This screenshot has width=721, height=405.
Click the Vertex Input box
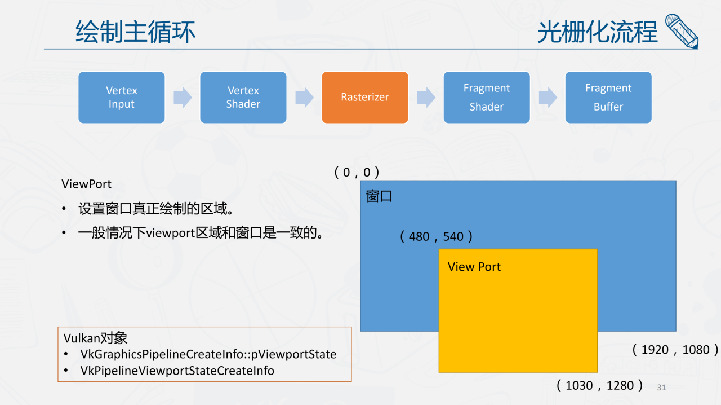(x=121, y=98)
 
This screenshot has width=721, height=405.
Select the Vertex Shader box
(x=243, y=98)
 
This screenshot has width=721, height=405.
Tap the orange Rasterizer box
(x=365, y=98)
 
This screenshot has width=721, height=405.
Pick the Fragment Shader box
(x=487, y=98)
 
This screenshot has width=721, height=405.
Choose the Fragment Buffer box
(x=608, y=98)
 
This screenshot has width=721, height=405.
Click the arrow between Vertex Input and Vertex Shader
(x=183, y=98)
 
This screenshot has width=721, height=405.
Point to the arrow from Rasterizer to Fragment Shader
(x=426, y=98)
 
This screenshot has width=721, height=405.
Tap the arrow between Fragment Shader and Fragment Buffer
(x=548, y=98)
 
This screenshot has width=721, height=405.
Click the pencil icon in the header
(x=682, y=31)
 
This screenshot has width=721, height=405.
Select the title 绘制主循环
(x=136, y=32)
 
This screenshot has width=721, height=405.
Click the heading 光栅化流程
(x=598, y=32)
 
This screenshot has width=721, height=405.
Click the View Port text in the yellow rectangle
(x=474, y=267)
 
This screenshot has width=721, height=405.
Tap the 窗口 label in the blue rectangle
(x=379, y=196)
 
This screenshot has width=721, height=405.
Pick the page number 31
(x=661, y=388)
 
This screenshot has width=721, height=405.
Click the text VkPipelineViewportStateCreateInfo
(x=177, y=371)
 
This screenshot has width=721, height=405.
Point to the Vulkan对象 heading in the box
(x=95, y=338)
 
